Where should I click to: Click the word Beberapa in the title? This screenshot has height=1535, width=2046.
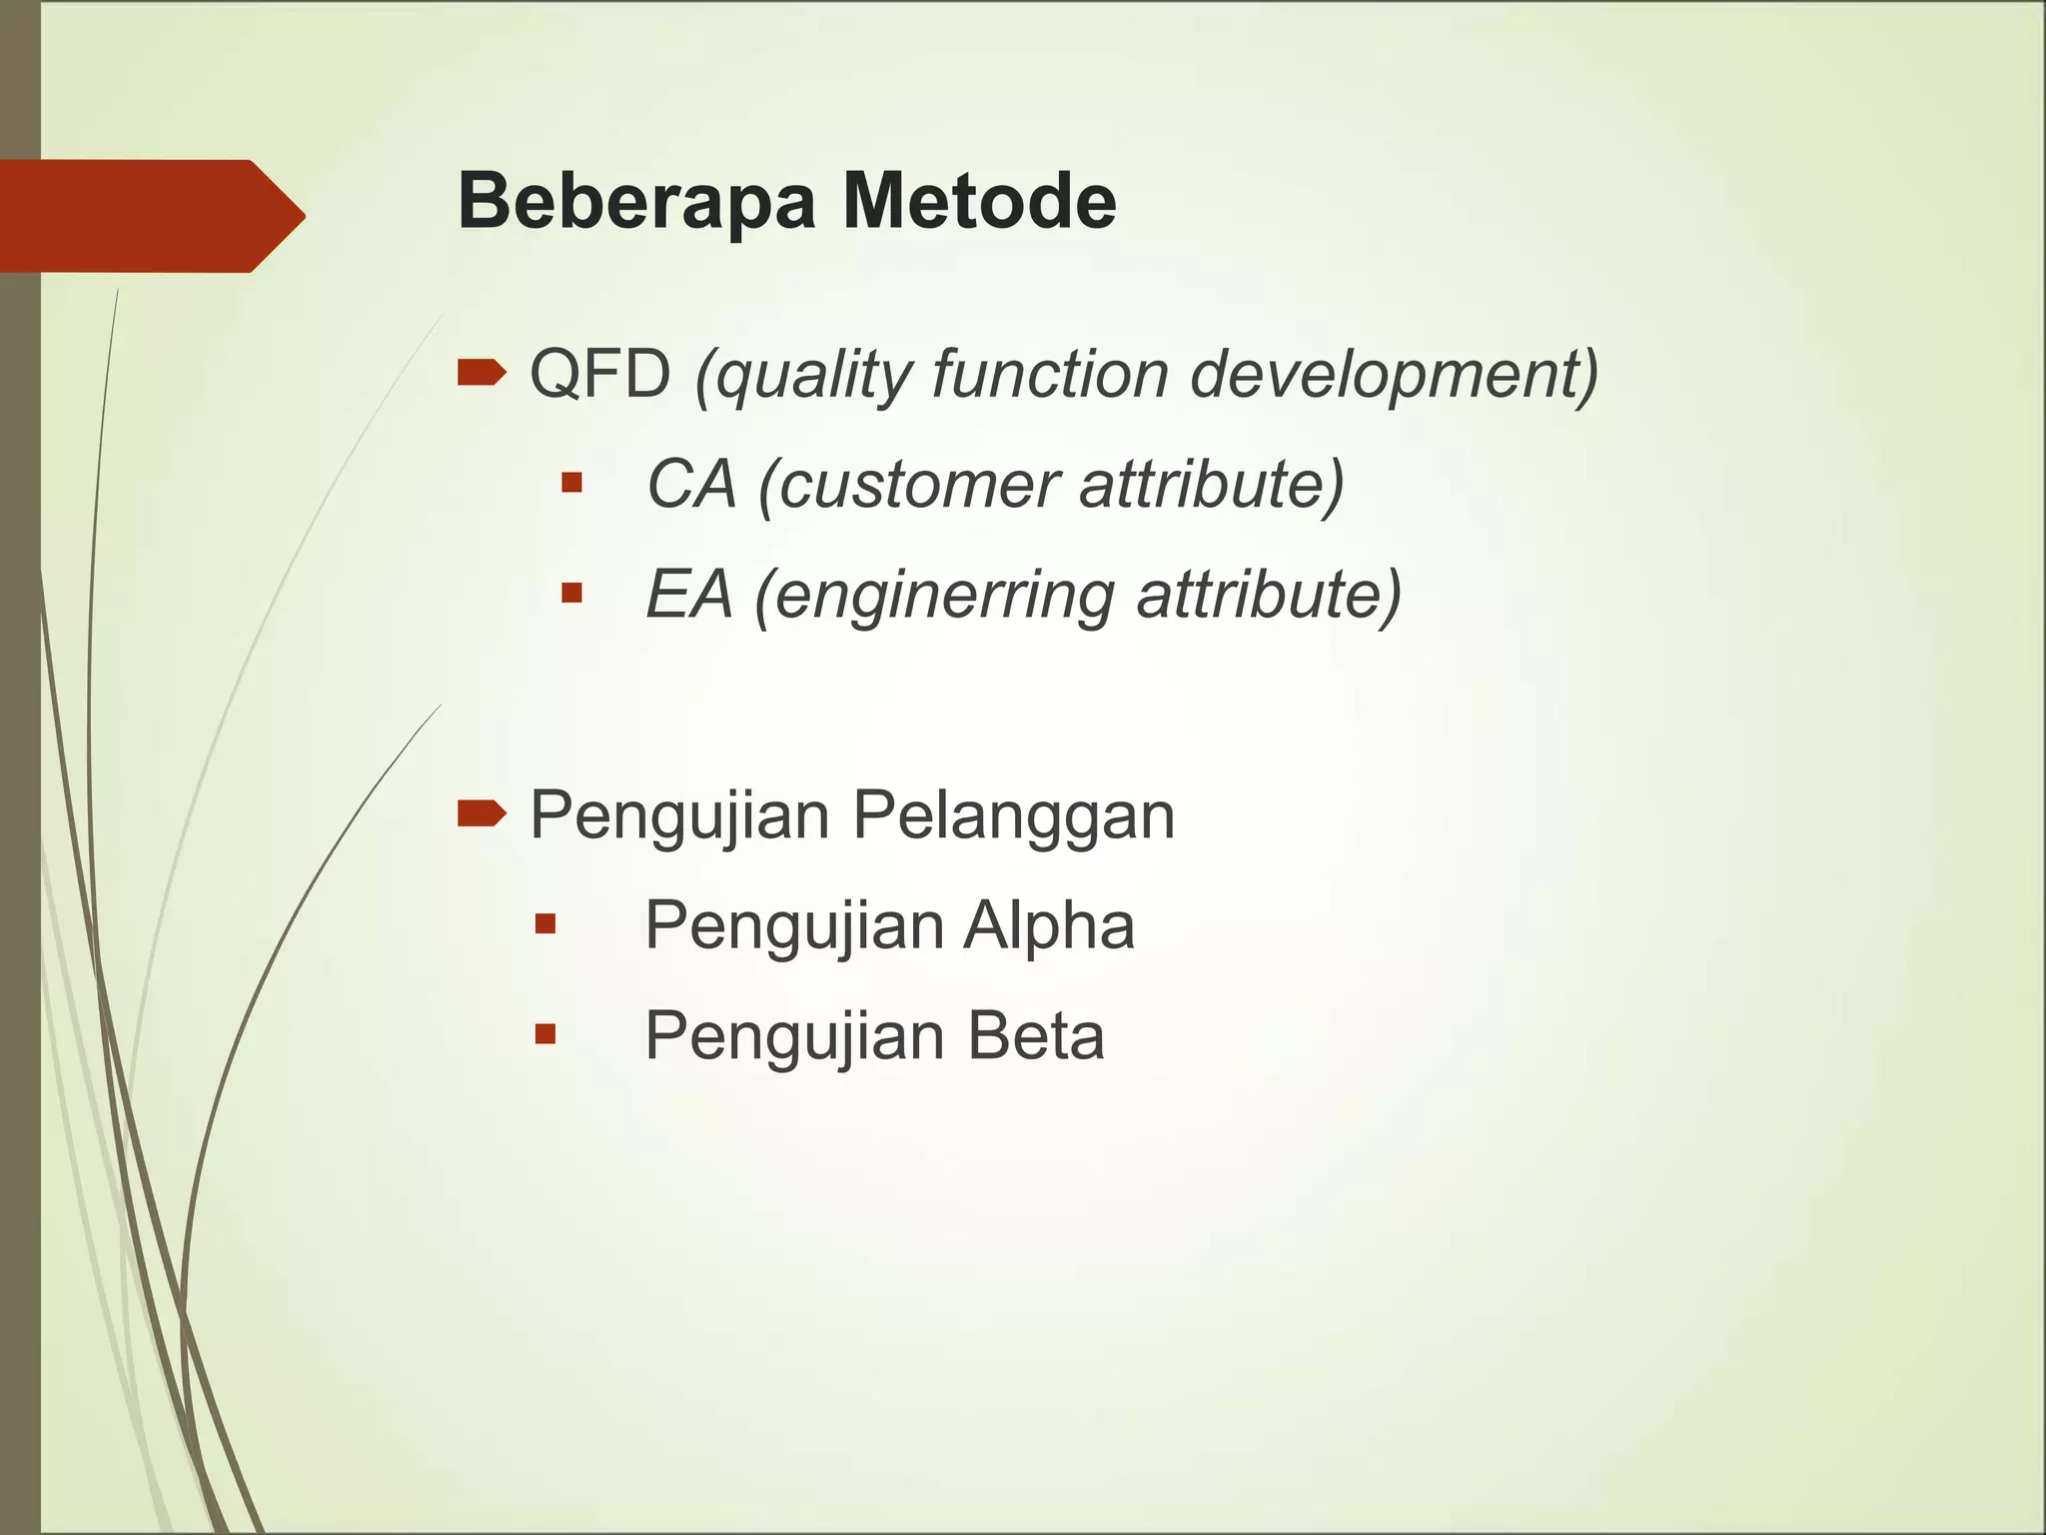(637, 202)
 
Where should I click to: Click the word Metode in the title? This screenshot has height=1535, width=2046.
(979, 202)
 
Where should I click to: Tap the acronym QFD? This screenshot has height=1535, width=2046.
(599, 375)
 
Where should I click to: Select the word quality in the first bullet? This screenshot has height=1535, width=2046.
(799, 377)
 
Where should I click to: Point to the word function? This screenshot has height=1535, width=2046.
(1049, 375)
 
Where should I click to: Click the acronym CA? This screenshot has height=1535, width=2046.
(691, 485)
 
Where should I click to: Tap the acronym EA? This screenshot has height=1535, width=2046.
(689, 595)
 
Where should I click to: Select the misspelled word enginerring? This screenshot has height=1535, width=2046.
(944, 597)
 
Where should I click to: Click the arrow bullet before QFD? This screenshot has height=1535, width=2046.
(482, 374)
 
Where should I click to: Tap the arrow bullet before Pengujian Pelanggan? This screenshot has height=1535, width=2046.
(482, 814)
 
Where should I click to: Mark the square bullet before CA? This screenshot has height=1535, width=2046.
(571, 484)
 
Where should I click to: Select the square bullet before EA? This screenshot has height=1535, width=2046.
(571, 594)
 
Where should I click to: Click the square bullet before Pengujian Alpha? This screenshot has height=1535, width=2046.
(544, 923)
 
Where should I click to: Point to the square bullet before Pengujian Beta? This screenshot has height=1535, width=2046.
(544, 1033)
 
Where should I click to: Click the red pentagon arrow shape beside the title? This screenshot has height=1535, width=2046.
(150, 216)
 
